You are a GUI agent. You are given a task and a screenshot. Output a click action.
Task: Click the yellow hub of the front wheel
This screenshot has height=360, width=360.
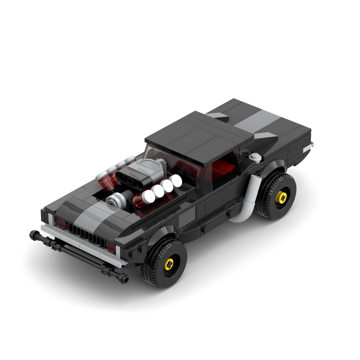(169, 265)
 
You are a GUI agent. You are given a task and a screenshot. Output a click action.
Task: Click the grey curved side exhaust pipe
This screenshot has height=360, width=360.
(247, 198)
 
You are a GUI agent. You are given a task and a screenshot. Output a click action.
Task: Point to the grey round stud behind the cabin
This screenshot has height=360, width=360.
(256, 157)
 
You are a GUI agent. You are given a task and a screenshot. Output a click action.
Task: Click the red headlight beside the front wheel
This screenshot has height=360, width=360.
(111, 246)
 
